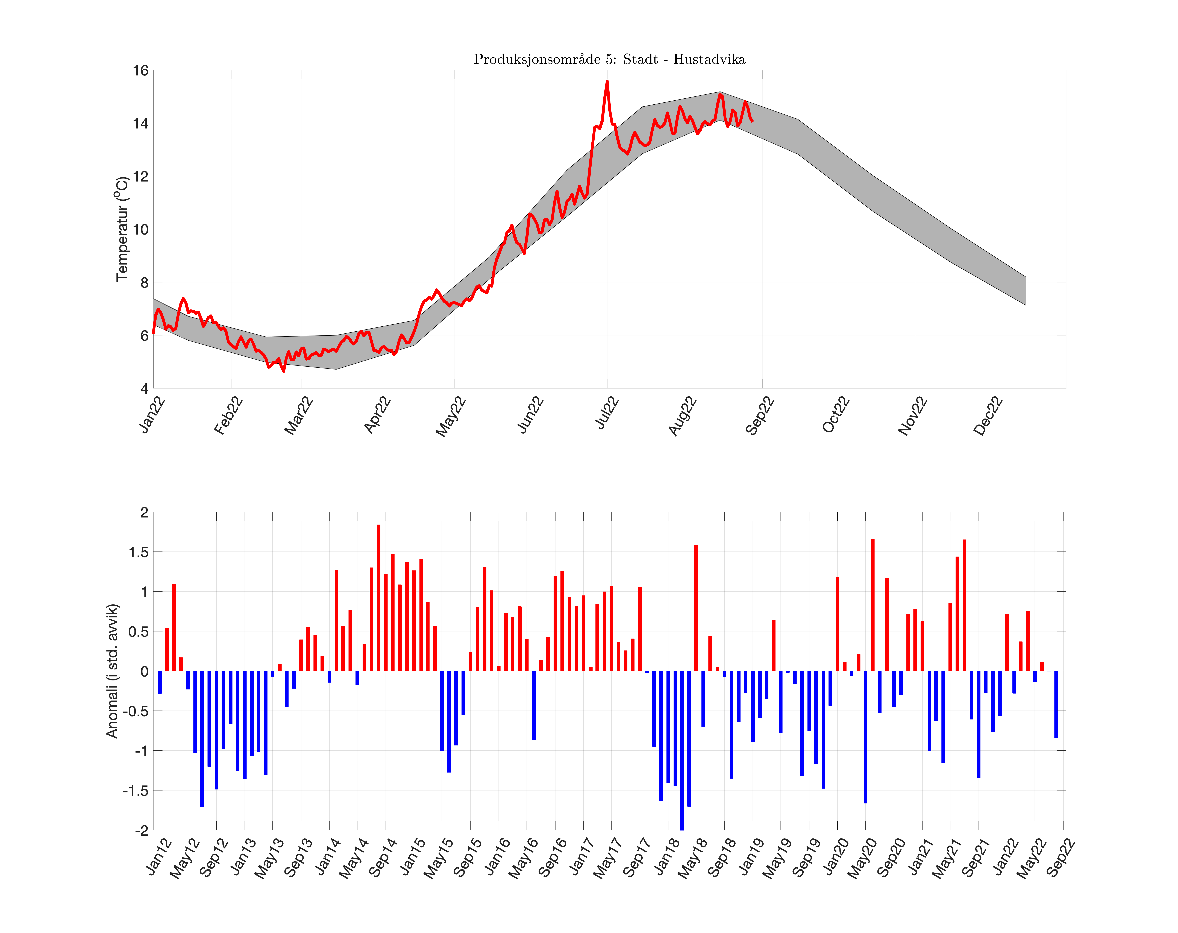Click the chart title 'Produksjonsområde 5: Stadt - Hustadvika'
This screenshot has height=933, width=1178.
pyautogui.click(x=609, y=59)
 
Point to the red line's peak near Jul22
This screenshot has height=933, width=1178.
pyautogui.click(x=607, y=82)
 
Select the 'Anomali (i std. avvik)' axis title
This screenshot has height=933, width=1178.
pyautogui.click(x=112, y=671)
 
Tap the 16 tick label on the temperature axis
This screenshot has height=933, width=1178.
pyautogui.click(x=140, y=71)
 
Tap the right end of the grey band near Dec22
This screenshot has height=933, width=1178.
pyautogui.click(x=1025, y=291)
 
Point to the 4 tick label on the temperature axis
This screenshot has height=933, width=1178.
pyautogui.click(x=144, y=389)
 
